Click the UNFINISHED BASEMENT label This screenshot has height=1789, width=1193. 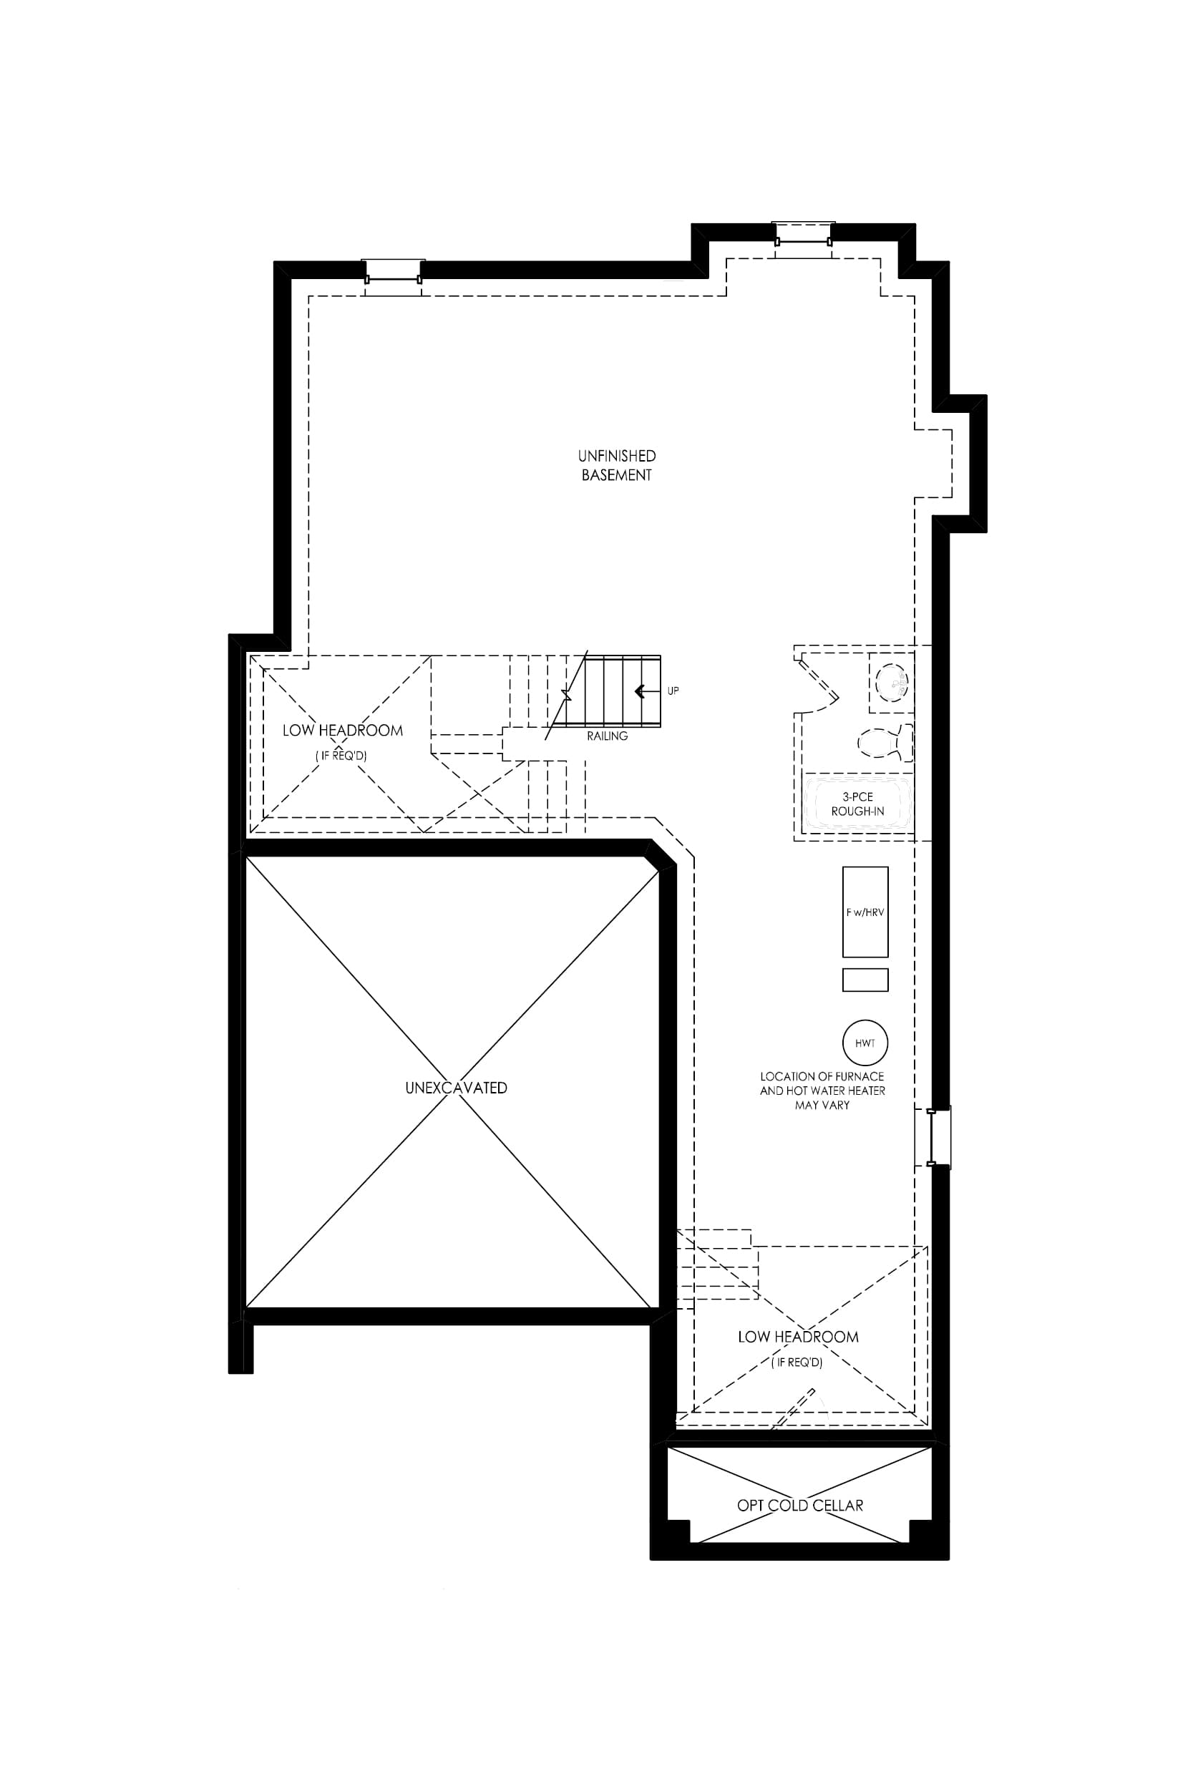[616, 466]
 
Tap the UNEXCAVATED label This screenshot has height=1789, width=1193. [456, 1088]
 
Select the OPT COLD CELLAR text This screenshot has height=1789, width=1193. [799, 1506]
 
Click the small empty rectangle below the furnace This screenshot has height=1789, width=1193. [865, 980]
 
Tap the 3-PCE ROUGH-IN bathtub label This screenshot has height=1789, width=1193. [857, 804]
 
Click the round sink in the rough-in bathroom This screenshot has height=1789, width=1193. [892, 682]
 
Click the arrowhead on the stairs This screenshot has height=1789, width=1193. [640, 691]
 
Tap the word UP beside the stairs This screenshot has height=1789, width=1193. [673, 691]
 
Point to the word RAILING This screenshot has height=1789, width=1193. [607, 736]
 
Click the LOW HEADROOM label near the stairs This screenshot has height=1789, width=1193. [342, 730]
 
